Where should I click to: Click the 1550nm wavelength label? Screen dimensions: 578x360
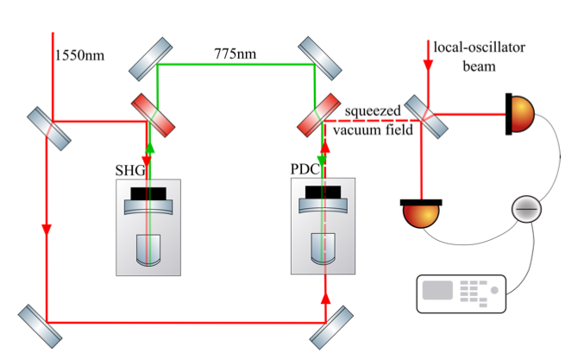(79, 56)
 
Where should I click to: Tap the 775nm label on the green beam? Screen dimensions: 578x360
(236, 54)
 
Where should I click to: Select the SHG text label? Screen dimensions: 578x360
(130, 170)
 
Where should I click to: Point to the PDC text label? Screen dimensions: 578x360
(305, 169)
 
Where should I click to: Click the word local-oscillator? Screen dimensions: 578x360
(479, 47)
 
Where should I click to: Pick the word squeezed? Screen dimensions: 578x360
(373, 111)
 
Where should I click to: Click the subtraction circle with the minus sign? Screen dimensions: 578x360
(526, 209)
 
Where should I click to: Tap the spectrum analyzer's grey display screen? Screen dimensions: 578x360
(437, 290)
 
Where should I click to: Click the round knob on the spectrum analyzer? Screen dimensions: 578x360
(494, 290)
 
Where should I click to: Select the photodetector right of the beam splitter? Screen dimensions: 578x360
(519, 114)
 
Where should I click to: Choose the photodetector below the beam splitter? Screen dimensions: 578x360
(421, 213)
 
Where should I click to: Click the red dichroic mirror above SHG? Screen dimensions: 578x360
(153, 115)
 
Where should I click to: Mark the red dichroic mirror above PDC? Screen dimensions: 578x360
(319, 115)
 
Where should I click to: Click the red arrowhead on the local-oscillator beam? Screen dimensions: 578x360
(428, 65)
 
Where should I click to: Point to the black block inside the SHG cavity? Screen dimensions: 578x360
(148, 193)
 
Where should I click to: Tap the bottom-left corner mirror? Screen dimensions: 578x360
(41, 326)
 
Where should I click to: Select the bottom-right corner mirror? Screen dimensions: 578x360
(331, 327)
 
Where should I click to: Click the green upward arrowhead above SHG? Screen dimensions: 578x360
(149, 147)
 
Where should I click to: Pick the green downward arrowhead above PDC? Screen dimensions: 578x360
(322, 161)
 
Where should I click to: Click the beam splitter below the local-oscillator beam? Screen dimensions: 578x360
(426, 117)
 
